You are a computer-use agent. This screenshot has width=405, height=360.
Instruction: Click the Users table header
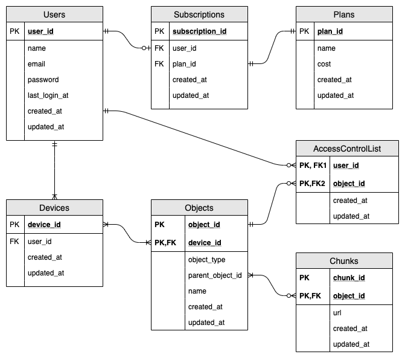pos(54,14)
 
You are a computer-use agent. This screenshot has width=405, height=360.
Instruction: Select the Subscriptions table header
pos(199,14)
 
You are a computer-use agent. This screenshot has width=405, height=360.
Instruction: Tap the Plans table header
pos(344,14)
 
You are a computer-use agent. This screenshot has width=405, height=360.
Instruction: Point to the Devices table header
pos(54,208)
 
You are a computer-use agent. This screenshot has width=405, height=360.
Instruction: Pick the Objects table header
pos(199,208)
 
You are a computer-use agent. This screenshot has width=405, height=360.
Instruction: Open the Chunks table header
pos(344,261)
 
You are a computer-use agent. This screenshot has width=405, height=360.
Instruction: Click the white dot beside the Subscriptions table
pos(144,48)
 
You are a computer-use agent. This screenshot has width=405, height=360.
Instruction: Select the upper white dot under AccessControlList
pos(289,165)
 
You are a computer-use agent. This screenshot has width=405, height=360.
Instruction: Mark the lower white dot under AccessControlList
pos(289,183)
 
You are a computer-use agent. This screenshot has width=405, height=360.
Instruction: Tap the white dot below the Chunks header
pos(289,295)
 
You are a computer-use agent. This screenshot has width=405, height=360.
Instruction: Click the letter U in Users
pos(46,14)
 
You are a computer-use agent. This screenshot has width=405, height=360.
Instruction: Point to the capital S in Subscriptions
pos(176,14)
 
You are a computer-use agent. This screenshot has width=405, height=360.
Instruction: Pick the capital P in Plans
pos(336,14)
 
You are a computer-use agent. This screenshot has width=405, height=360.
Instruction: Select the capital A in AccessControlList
pos(316,148)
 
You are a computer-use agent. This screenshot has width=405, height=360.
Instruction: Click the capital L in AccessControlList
pos(370,148)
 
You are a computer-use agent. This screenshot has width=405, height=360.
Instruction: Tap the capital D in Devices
pos(42,208)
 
